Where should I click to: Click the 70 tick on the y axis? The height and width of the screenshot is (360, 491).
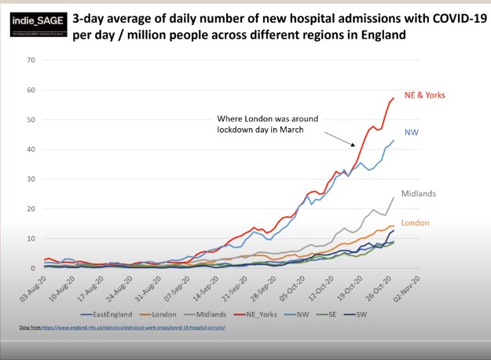[x=31, y=61]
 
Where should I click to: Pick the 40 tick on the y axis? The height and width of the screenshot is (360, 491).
[x=31, y=149]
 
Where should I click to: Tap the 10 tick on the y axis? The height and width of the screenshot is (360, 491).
[x=31, y=239]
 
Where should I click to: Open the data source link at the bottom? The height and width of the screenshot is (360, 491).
[x=122, y=326]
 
